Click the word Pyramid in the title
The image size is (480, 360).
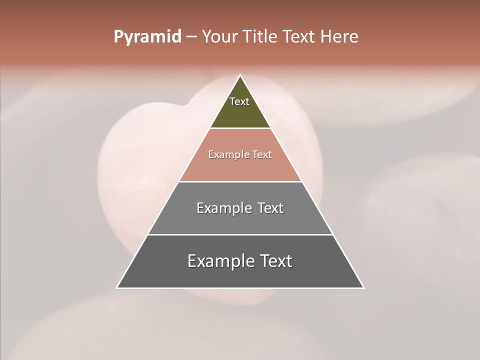click(x=147, y=37)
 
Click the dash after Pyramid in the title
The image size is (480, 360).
click(x=191, y=37)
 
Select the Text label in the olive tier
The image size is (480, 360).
click(x=239, y=101)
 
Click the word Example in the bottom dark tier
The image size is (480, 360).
click(x=218, y=261)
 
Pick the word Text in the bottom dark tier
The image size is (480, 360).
click(x=276, y=261)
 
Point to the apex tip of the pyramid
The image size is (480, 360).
click(x=240, y=75)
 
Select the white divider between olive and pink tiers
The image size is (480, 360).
click(x=240, y=128)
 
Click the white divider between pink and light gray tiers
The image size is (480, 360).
click(x=240, y=181)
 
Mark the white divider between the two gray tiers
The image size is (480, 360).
click(x=240, y=234)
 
